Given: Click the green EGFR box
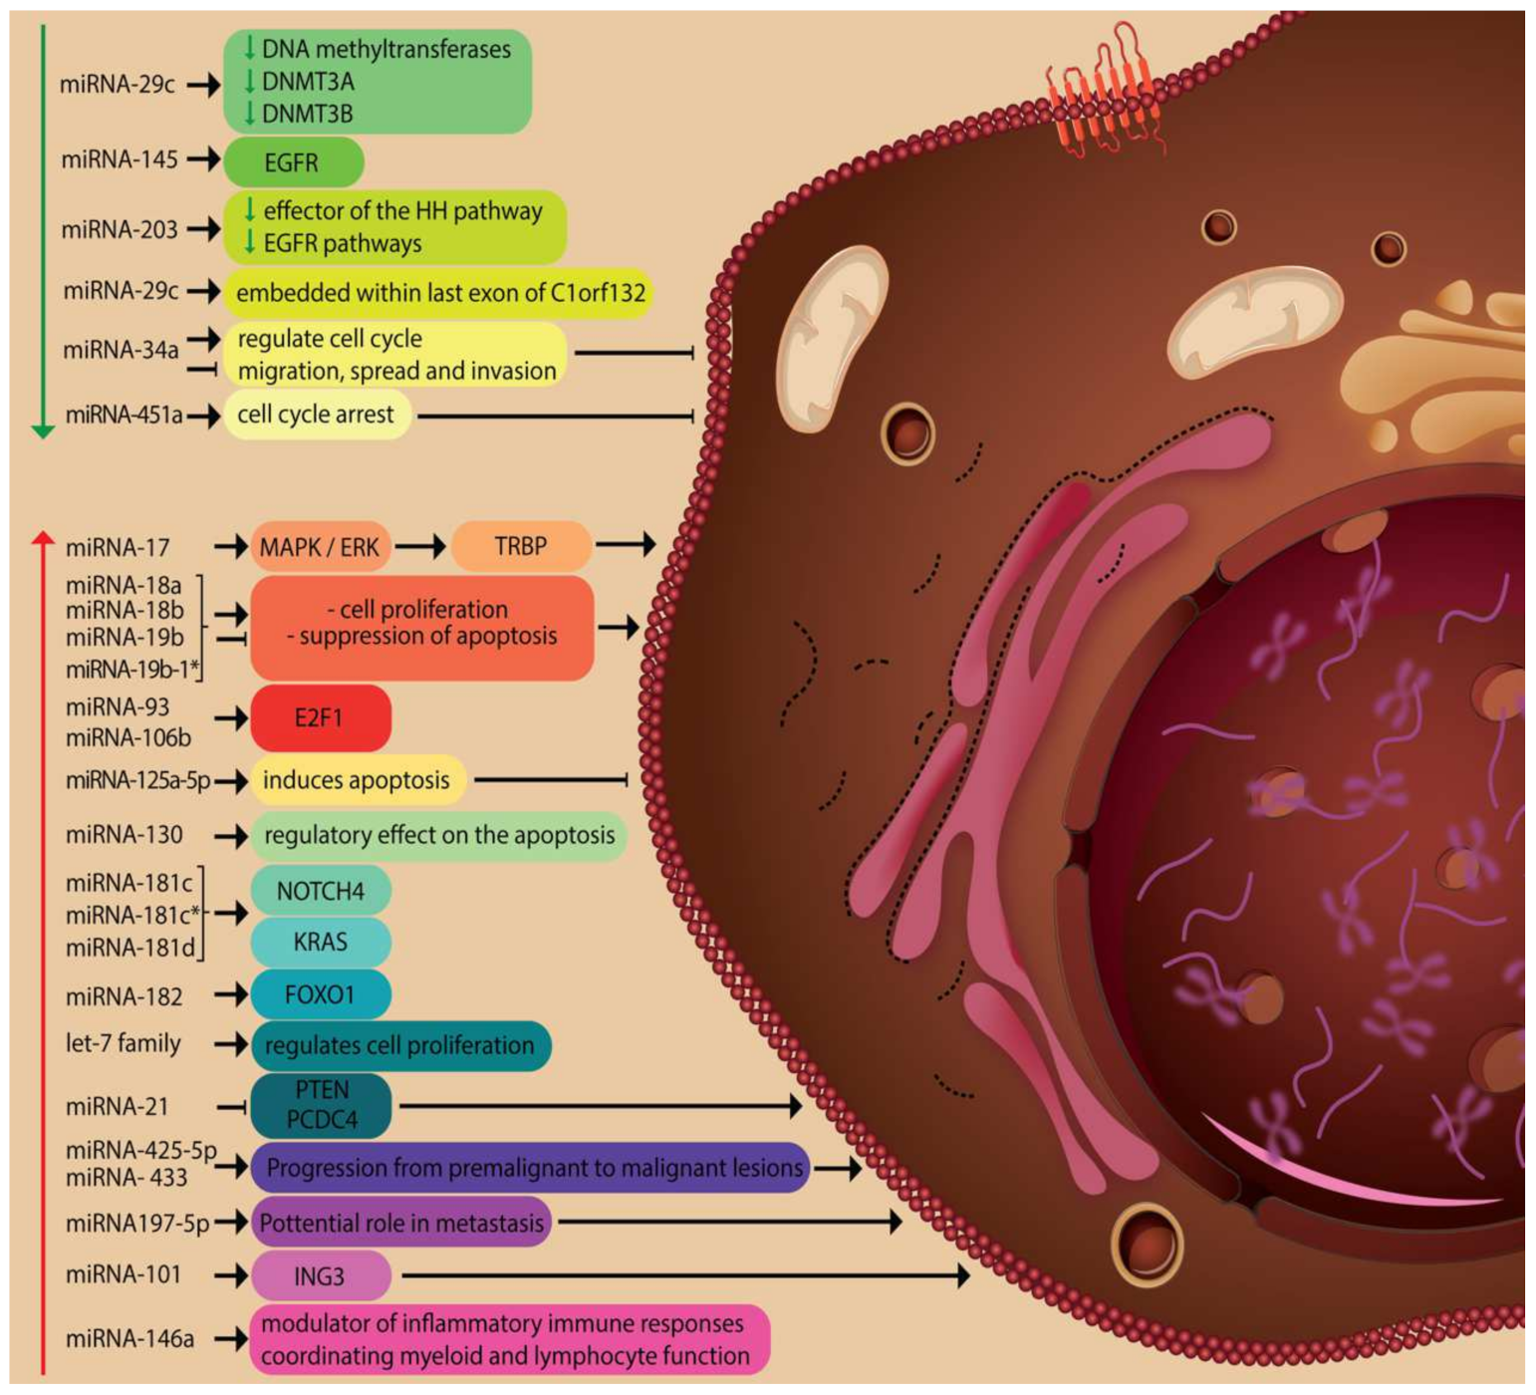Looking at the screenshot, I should tap(293, 162).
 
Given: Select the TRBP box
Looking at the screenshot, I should tap(521, 546).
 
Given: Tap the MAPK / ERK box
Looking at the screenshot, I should tap(320, 546).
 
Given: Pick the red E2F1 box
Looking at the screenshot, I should tap(320, 717).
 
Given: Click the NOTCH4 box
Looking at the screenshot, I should tap(320, 891).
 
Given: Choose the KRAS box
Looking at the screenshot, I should tap(320, 942).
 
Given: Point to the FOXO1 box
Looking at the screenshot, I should tap(320, 994).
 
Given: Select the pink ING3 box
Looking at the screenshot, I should tap(320, 1275).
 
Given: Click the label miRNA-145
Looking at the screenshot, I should tap(120, 159).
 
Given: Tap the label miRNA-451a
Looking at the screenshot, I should tap(124, 416).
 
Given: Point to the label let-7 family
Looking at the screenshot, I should tap(124, 1044).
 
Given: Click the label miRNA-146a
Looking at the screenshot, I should tap(129, 1339).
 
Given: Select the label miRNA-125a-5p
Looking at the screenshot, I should tap(137, 781).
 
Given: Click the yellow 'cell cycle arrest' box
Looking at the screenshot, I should tap(316, 415).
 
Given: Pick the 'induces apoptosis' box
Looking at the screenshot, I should tap(357, 780).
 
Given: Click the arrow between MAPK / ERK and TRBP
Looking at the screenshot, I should tap(419, 546).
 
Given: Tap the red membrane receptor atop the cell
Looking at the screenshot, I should tap(1106, 95).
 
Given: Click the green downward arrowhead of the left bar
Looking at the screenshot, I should tap(43, 430).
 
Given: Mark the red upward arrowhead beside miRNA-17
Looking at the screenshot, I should tap(43, 539).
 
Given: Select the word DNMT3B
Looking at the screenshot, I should tap(307, 114).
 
